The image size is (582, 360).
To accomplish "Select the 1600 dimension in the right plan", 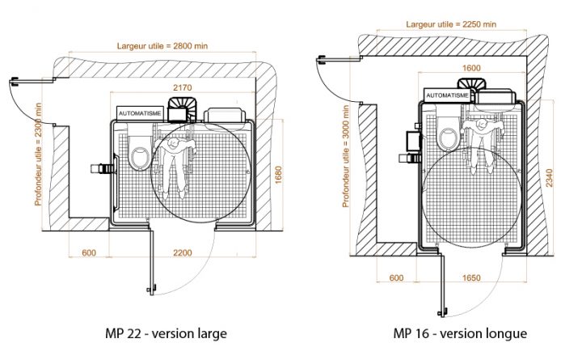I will point(471,68).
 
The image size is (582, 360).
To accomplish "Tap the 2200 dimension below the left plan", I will point(183,253).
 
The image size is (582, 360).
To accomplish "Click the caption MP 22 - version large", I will point(167,333).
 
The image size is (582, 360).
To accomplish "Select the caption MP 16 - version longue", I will point(460,333).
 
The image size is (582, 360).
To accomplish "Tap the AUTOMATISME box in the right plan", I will point(445,95).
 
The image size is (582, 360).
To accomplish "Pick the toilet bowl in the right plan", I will point(446,135).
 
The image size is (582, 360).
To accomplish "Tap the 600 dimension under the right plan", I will point(396,278).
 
